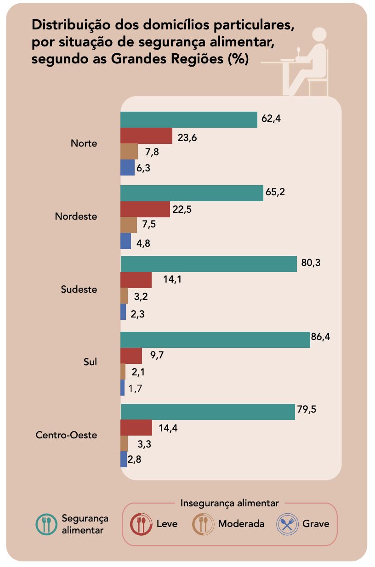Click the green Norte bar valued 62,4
[188, 119]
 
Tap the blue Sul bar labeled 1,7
[123, 388]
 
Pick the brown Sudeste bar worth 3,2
[124, 296]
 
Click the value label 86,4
[321, 337]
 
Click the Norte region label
[84, 143]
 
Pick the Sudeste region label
[79, 289]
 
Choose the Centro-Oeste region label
[67, 435]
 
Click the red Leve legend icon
[141, 524]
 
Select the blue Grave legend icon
[287, 524]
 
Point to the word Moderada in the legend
[241, 524]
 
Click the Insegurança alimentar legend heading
[229, 503]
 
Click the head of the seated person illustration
[318, 36]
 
